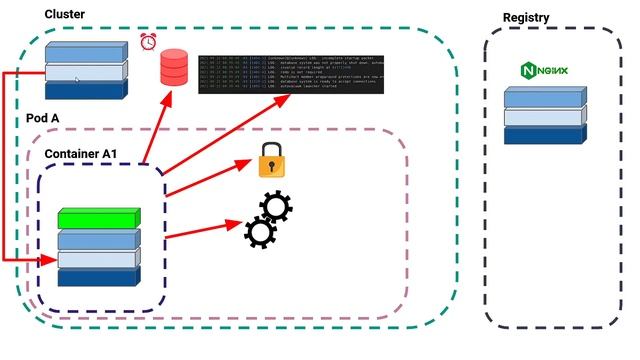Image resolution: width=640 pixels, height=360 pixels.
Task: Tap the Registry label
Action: [x=526, y=17]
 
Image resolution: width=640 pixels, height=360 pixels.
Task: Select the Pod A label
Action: [x=40, y=117]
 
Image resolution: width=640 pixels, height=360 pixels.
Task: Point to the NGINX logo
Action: [x=542, y=71]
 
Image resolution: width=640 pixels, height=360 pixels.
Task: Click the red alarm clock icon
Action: [x=150, y=42]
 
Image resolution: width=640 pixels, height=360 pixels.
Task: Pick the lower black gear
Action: [x=260, y=232]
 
